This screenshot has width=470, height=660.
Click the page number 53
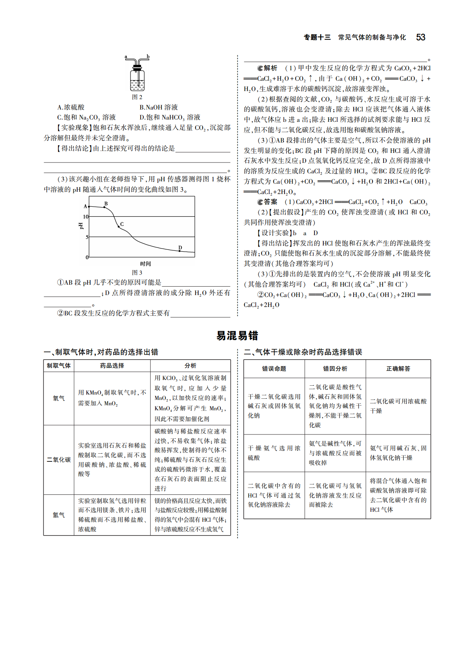click(420, 37)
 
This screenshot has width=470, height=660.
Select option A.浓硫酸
click(71, 107)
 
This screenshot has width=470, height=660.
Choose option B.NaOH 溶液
click(159, 107)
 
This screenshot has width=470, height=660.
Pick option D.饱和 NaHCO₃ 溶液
click(170, 117)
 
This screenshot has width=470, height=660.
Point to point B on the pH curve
click(104, 207)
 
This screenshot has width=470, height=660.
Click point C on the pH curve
click(119, 227)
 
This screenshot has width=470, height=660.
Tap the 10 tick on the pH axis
click(86, 217)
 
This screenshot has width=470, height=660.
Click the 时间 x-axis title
click(145, 264)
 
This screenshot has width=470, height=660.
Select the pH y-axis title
click(81, 226)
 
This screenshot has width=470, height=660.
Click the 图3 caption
click(137, 272)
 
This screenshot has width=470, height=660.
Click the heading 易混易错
click(237, 335)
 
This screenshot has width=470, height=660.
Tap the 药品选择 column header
click(112, 366)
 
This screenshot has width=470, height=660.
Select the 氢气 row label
click(59, 515)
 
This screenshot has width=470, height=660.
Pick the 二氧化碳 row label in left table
click(59, 459)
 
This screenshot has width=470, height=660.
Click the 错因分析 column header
click(335, 369)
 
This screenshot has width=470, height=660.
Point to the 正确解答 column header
click(398, 369)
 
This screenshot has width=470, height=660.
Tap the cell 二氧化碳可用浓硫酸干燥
click(398, 406)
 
